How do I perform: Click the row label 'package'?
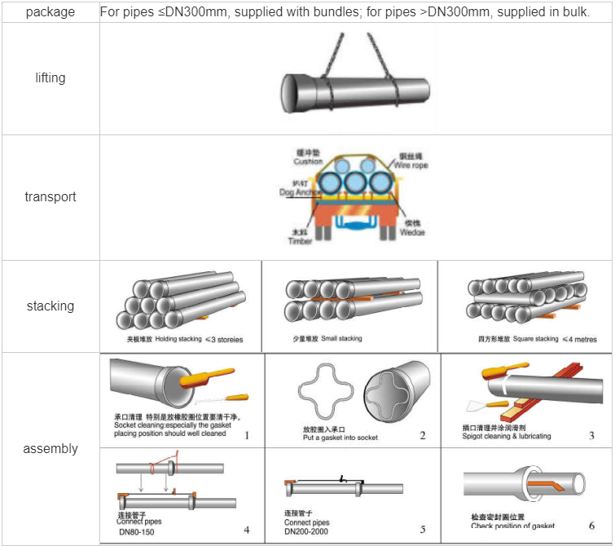click(x=50, y=12)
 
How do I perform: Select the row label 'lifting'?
click(x=50, y=78)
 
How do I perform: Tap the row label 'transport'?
click(x=50, y=197)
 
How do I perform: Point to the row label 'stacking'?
click(x=50, y=306)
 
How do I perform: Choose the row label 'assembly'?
click(x=50, y=449)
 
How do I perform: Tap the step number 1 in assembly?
click(x=247, y=435)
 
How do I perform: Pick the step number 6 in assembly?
click(x=591, y=526)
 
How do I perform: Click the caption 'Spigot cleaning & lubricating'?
click(x=506, y=436)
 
